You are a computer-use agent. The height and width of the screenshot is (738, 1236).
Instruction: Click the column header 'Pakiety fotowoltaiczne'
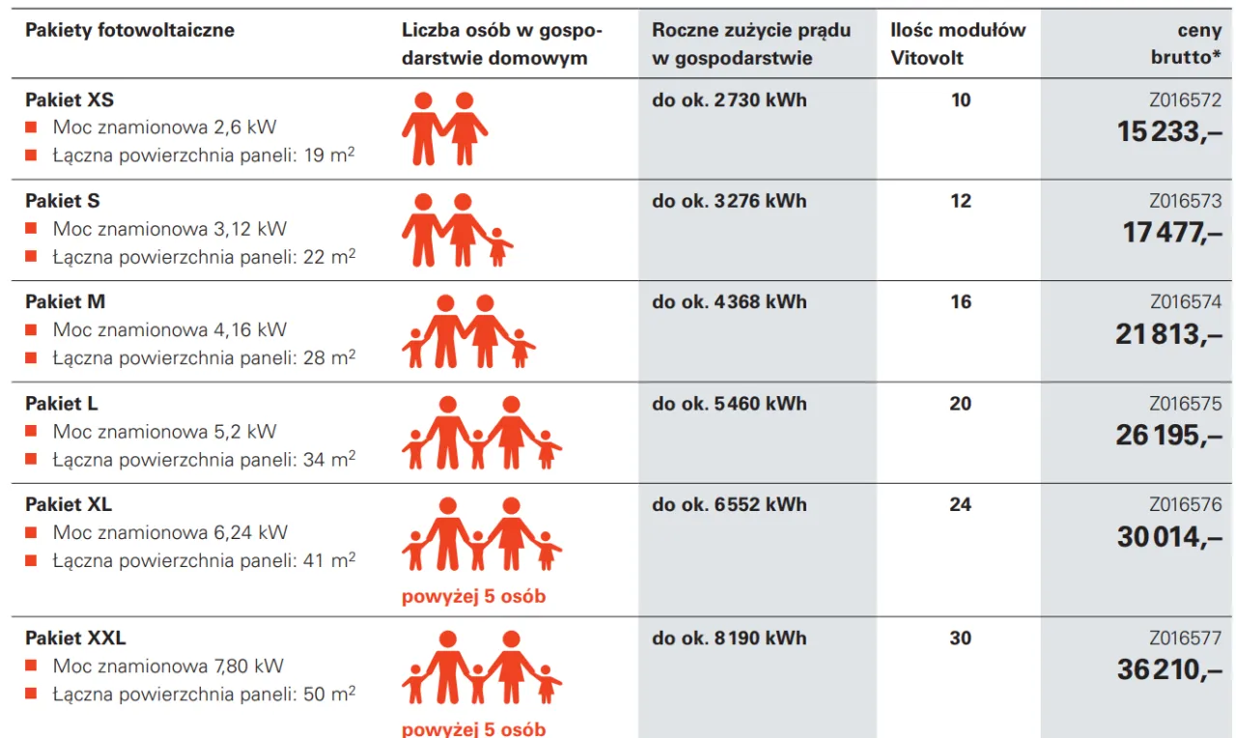point(129,30)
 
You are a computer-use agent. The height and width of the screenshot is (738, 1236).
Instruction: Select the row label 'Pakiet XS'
point(70,99)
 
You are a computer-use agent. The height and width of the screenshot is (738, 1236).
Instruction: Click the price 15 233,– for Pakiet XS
point(1168,131)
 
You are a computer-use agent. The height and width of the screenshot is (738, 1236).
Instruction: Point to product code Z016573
point(1185,201)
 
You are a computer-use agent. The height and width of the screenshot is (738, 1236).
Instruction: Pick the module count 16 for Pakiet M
point(960,302)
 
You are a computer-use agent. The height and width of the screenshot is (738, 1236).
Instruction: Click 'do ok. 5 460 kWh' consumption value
point(729,404)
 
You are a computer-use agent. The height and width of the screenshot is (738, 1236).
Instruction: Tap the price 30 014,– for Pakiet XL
point(1168,536)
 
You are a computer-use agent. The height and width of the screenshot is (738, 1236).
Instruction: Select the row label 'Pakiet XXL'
point(75,638)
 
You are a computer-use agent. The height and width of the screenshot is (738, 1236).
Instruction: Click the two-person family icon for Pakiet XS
point(445,128)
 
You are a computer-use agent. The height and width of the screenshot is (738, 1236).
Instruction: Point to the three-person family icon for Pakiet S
point(457,230)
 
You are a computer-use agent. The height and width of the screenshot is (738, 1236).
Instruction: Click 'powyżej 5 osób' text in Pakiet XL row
point(473,596)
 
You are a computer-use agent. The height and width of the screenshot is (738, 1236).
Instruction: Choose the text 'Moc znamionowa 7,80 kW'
point(168,666)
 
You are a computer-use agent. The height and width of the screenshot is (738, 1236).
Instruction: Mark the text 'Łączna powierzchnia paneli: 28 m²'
point(204,357)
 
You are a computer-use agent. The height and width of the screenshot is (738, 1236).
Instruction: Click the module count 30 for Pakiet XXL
point(960,639)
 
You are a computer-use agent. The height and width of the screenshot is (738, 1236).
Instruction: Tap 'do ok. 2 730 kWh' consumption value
point(729,100)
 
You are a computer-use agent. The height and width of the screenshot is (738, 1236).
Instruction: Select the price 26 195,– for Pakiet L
point(1168,435)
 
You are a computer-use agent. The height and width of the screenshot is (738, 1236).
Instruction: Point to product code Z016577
point(1185,638)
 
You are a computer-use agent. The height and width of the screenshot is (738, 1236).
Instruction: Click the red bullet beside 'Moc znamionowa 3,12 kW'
point(31,229)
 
